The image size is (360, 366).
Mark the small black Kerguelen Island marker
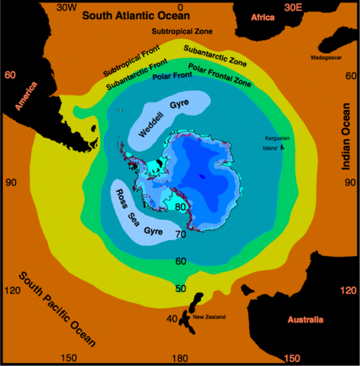click(x=283, y=147)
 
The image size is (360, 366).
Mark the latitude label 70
click(x=180, y=234)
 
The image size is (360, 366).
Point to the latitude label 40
click(x=172, y=318)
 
